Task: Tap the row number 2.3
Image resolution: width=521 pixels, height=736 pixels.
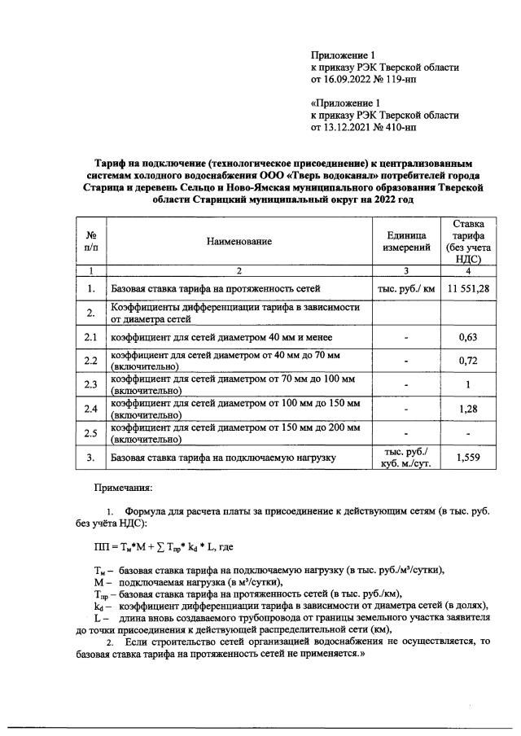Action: [x=91, y=384]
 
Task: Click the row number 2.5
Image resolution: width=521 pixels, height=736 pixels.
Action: [x=91, y=433]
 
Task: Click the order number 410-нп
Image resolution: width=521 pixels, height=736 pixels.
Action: [x=398, y=127]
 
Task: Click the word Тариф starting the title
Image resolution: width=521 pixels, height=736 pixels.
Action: [x=108, y=163]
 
